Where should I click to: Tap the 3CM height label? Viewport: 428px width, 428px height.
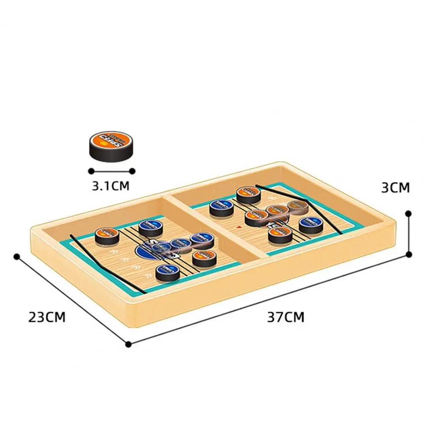click(395, 187)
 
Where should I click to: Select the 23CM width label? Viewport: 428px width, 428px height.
click(47, 317)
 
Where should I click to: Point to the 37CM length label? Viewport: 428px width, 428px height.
click(286, 317)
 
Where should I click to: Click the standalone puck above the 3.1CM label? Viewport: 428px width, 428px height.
click(109, 145)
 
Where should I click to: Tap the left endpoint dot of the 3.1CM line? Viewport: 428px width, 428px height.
click(90, 171)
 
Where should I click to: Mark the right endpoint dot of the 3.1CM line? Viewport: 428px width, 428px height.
click(132, 171)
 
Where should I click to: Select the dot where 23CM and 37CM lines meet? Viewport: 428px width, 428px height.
click(128, 343)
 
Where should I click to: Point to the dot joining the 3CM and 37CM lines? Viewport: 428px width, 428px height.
click(409, 254)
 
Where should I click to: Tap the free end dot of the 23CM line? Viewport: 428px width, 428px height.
click(17, 257)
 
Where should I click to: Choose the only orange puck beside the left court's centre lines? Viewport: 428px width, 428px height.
click(204, 258)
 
